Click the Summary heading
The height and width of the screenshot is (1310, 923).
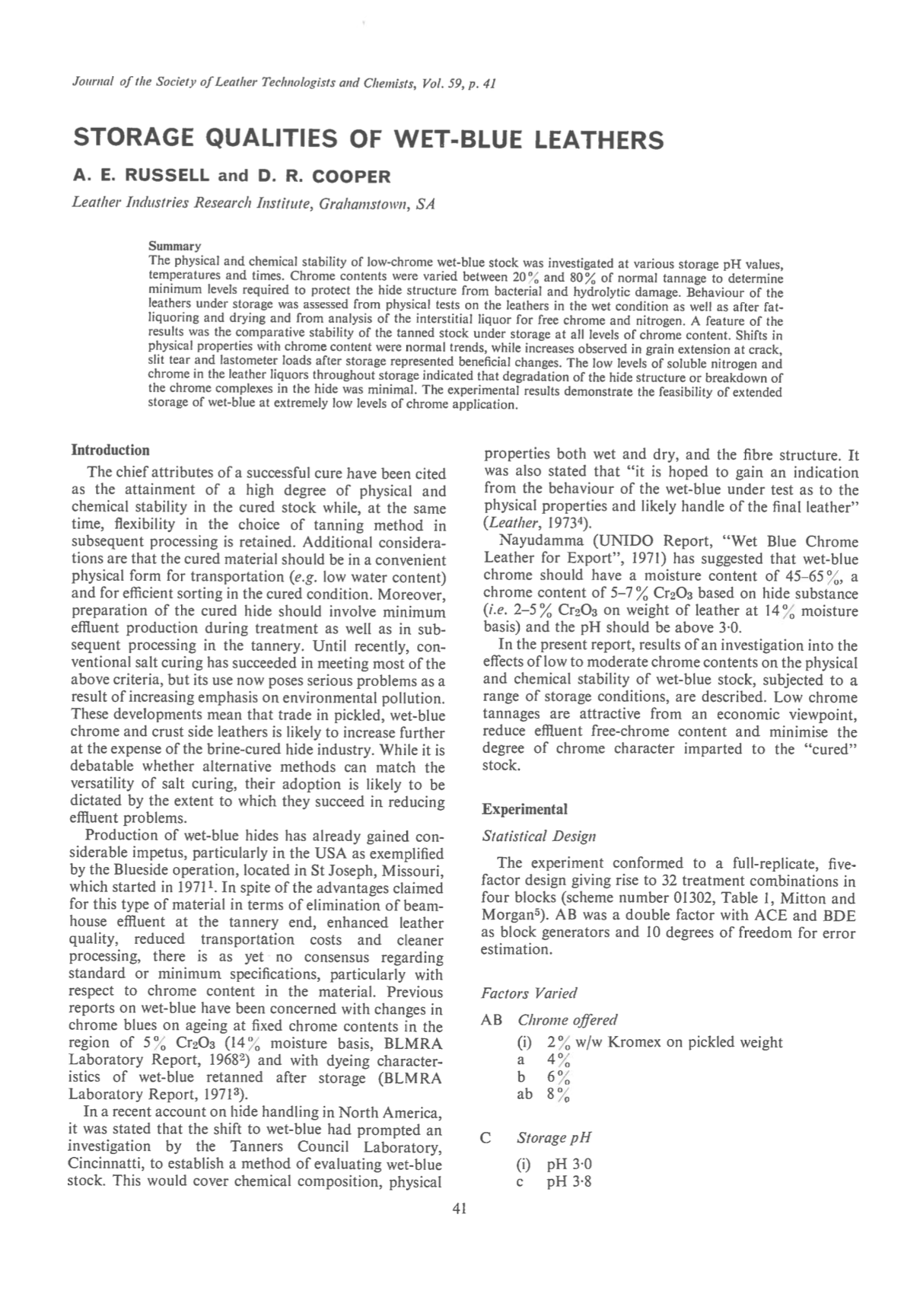coord(174,246)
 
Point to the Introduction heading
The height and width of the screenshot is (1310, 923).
coord(110,450)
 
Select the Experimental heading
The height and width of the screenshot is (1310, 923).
coord(525,809)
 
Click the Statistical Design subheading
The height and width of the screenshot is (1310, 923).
coord(539,836)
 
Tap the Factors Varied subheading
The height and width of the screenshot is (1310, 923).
coord(529,993)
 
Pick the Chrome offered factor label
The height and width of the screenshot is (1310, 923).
coord(567,1020)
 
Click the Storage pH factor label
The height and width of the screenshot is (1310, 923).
coord(553,1138)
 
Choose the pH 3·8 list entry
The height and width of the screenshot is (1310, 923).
coord(568,1182)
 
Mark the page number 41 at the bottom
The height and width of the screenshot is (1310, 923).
coord(459,1209)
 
